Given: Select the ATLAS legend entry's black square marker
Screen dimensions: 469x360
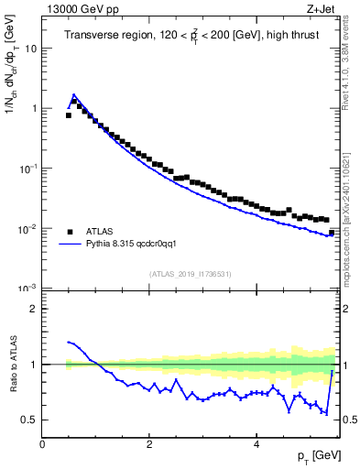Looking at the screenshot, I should click(x=71, y=232).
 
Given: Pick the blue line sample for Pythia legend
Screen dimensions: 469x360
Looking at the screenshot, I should click(x=71, y=245).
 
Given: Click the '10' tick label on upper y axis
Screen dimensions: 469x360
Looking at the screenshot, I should click(x=31, y=48).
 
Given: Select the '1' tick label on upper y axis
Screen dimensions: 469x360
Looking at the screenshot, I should click(x=35, y=108).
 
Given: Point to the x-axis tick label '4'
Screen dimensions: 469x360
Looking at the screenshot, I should click(x=256, y=444).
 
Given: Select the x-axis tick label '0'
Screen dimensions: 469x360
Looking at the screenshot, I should click(x=42, y=444).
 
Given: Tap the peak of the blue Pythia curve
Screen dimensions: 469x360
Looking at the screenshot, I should click(x=74, y=94).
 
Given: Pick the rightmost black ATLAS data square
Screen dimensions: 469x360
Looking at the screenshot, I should click(x=332, y=233).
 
